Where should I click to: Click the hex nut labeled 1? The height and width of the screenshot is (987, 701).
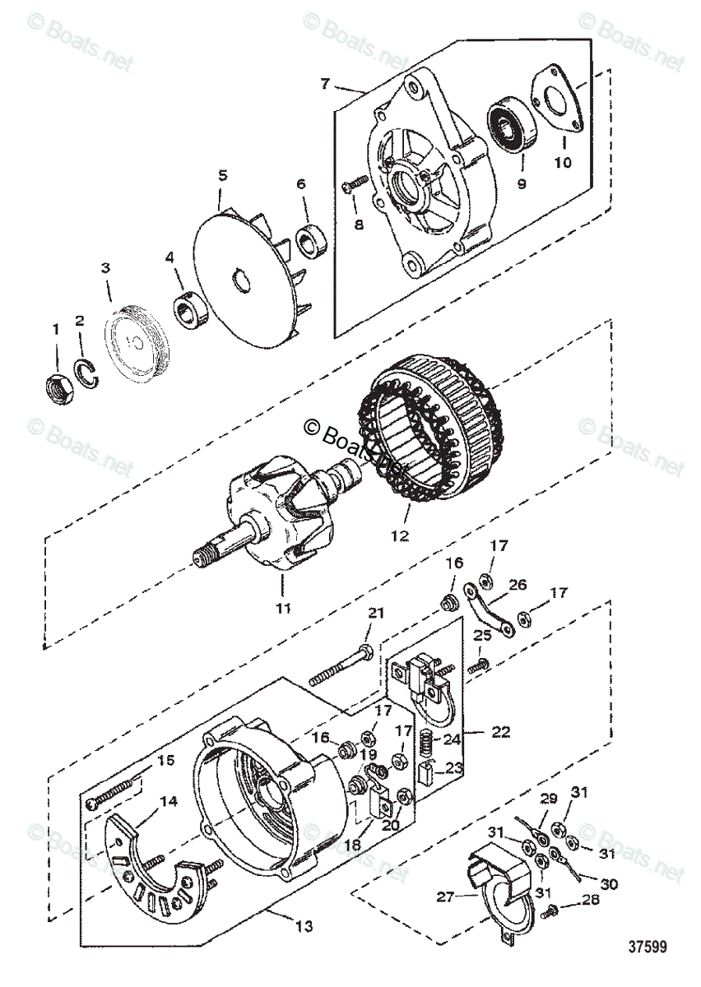pyautogui.click(x=57, y=384)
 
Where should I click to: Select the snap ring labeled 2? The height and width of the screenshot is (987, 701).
pyautogui.click(x=90, y=372)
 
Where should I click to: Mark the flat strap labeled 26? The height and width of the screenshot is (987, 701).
pyautogui.click(x=489, y=607)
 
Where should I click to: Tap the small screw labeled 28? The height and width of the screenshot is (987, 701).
pyautogui.click(x=552, y=910)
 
